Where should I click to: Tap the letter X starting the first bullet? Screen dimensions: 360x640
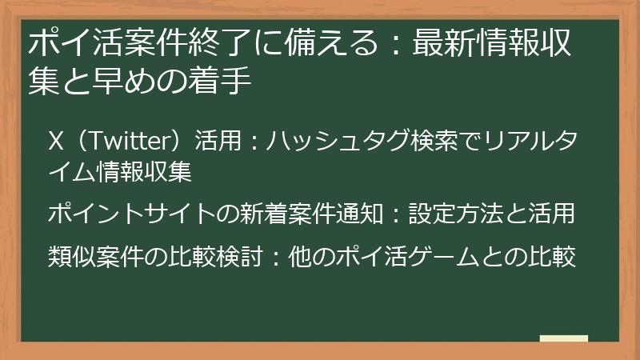56,142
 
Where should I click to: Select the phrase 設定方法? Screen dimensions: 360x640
450,214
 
